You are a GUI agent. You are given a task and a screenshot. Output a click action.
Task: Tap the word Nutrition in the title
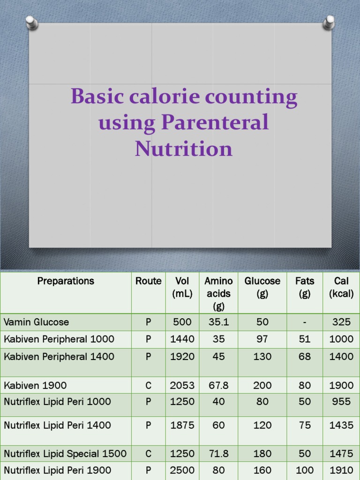click(183, 149)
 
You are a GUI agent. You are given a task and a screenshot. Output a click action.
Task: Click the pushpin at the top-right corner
click(329, 22)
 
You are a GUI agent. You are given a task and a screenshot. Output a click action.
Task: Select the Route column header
click(148, 281)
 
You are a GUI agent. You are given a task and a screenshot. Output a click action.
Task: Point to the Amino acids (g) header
click(218, 293)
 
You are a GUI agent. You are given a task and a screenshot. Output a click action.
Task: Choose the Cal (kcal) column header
click(341, 287)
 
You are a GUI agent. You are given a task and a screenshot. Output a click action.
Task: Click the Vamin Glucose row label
click(37, 322)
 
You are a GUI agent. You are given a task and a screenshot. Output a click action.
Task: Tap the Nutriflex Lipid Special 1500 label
click(65, 454)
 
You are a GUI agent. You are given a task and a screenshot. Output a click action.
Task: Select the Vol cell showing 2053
click(182, 385)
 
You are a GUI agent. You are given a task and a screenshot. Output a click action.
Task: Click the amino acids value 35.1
click(218, 322)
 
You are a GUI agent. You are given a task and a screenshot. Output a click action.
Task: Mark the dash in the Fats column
click(305, 322)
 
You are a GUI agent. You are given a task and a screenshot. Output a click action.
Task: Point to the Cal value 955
click(341, 402)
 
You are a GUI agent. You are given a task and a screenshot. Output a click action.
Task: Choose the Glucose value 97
click(262, 339)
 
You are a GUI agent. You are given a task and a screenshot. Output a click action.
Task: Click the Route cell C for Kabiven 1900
click(148, 385)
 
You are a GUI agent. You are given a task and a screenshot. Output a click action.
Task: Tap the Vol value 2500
click(182, 470)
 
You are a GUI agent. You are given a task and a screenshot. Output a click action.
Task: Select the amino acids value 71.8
click(218, 454)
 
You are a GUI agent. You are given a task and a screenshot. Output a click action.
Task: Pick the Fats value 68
click(305, 357)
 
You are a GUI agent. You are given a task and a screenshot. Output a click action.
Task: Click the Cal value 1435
click(341, 426)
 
